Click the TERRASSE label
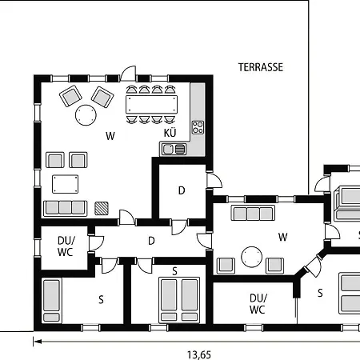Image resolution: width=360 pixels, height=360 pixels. [261, 67]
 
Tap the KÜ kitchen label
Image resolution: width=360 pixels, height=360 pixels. [170, 133]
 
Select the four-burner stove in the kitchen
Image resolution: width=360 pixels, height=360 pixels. [198, 127]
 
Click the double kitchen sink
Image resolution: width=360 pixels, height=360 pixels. [174, 149]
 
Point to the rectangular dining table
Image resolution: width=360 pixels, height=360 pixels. [151, 105]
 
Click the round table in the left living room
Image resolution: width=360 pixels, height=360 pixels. [86, 115]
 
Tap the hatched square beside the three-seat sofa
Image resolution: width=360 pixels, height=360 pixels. [102, 208]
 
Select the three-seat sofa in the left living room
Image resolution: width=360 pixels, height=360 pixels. [66, 208]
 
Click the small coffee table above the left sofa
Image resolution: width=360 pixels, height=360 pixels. [66, 184]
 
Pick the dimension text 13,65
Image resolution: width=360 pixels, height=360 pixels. [199, 354]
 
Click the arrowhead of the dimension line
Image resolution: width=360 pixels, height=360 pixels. [38, 342]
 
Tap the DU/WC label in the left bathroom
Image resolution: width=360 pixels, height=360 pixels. [66, 246]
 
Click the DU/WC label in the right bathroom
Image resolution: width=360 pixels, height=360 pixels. [258, 304]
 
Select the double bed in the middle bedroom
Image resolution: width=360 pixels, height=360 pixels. [179, 300]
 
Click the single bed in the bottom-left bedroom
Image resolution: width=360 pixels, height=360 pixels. [52, 300]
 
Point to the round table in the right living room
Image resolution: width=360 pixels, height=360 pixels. [251, 257]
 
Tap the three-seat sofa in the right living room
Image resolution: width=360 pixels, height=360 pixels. [253, 213]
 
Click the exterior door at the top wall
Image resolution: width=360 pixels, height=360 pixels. [128, 74]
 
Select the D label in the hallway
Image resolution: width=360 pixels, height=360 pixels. [151, 241]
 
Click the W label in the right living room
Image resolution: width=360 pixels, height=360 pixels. [282, 237]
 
